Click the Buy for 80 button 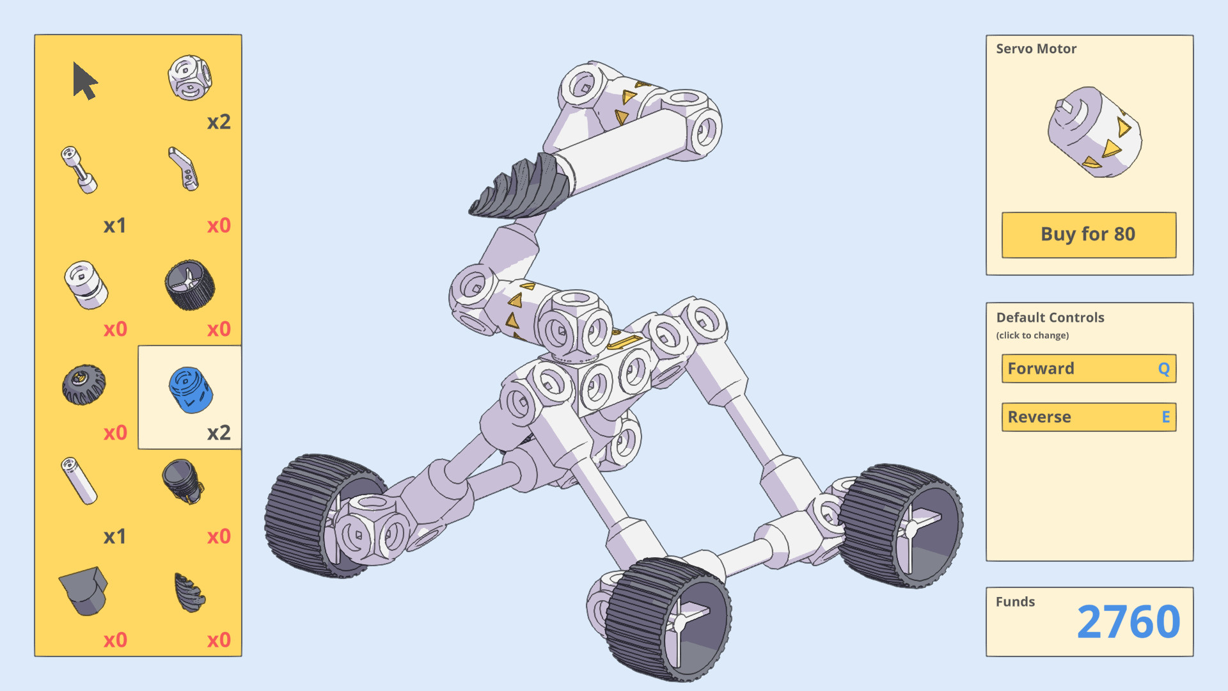1089,235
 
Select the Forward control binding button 1089,369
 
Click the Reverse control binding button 1089,417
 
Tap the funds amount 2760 1128,622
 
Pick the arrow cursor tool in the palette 84,81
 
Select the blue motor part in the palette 190,390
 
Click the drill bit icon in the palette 189,592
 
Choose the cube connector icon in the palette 189,78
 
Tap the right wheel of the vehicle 902,525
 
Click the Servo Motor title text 1036,49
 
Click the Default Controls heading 1050,317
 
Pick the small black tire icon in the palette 84,385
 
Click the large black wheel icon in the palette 190,285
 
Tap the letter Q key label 1163,369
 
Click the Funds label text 1015,601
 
